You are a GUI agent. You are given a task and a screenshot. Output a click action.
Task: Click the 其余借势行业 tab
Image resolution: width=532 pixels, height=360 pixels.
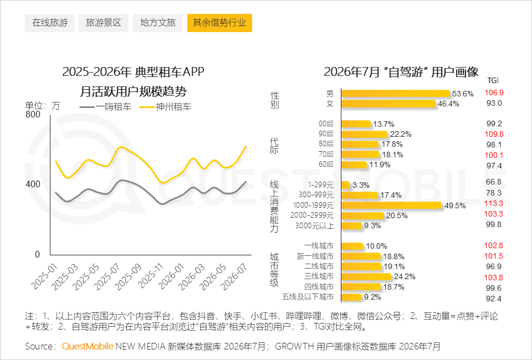coord(219,23)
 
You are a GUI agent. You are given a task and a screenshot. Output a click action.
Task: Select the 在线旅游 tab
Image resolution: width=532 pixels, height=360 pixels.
coord(50,23)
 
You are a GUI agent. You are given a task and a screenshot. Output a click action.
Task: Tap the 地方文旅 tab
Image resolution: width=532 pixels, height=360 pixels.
coord(158,23)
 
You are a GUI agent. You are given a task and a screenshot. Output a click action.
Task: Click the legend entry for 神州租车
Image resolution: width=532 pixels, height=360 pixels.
coord(165,107)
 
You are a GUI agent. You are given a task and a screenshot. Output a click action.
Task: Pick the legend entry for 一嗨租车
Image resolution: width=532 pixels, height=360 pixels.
coord(105,107)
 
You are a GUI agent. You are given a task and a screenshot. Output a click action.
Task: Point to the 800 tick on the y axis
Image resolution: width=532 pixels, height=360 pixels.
coord(33,114)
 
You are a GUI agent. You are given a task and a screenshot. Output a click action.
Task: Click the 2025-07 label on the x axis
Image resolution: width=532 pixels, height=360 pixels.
coord(108,276)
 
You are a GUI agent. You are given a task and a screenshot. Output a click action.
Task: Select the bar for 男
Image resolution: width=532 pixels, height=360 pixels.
coord(396,94)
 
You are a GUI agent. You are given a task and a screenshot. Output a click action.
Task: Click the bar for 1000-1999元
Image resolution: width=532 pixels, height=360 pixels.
coord(392,205)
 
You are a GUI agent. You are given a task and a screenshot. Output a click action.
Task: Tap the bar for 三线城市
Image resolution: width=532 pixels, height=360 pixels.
coord(366,276)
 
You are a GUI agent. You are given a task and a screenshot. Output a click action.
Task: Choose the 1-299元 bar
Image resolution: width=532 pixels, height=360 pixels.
coord(345,185)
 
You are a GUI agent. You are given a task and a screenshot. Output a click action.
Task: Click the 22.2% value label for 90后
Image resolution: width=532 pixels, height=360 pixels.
coord(401,134)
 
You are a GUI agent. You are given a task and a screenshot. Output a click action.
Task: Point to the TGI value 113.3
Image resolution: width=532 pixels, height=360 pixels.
coord(494,203)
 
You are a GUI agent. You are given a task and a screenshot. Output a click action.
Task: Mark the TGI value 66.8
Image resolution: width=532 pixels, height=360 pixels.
coord(494,182)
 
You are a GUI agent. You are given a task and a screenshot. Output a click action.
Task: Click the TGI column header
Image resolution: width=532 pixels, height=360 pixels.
coord(493,80)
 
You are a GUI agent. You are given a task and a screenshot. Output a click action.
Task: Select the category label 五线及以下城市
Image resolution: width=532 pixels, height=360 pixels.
coord(308,297)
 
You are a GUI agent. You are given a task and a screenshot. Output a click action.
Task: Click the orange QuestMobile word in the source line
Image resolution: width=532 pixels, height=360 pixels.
coord(88,346)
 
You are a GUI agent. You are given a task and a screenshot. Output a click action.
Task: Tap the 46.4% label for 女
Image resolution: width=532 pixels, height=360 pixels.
coord(448,104)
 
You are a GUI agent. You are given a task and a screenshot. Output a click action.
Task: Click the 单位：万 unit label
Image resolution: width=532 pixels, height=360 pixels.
coord(43,106)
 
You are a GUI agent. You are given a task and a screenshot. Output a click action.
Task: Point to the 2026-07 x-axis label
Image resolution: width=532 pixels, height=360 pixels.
coord(234,276)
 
